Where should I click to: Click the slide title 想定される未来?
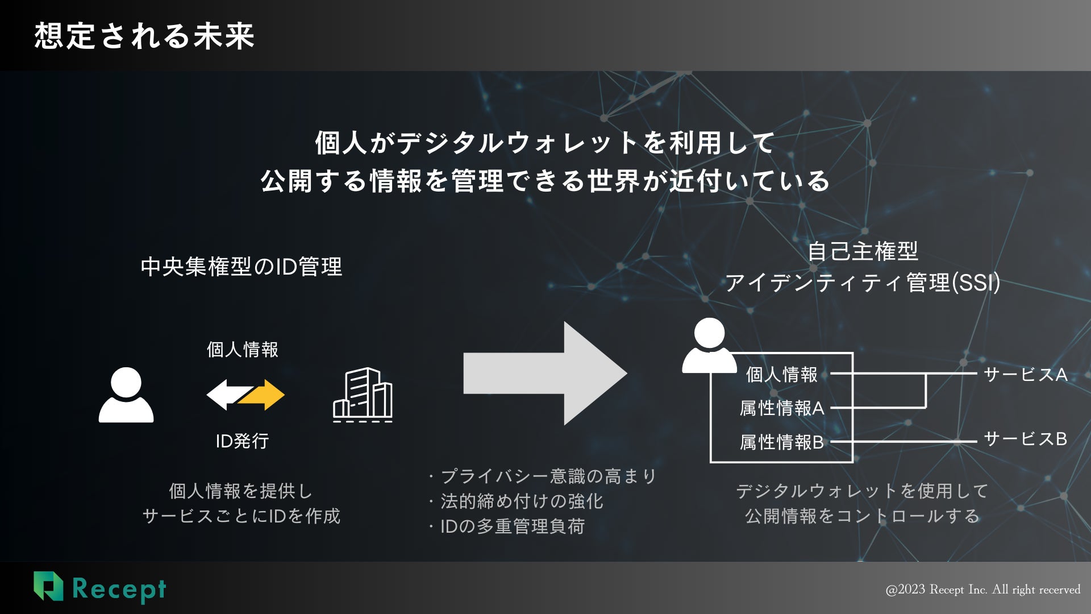click(144, 36)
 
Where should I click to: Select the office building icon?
click(363, 395)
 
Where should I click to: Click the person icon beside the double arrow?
click(126, 395)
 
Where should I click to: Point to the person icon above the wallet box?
click(709, 345)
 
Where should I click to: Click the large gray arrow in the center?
click(544, 374)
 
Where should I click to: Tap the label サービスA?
click(1025, 375)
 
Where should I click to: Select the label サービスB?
click(1025, 439)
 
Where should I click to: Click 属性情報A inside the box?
click(782, 408)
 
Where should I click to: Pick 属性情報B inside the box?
click(782, 442)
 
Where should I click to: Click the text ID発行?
click(242, 441)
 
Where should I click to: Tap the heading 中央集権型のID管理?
click(241, 267)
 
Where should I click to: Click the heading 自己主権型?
click(863, 251)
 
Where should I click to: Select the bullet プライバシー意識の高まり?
click(548, 476)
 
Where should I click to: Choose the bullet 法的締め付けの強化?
click(521, 501)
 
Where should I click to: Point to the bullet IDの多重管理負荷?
click(512, 526)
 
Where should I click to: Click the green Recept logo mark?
click(48, 586)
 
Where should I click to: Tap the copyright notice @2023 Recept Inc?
click(983, 590)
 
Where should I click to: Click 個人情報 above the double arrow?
click(243, 349)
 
